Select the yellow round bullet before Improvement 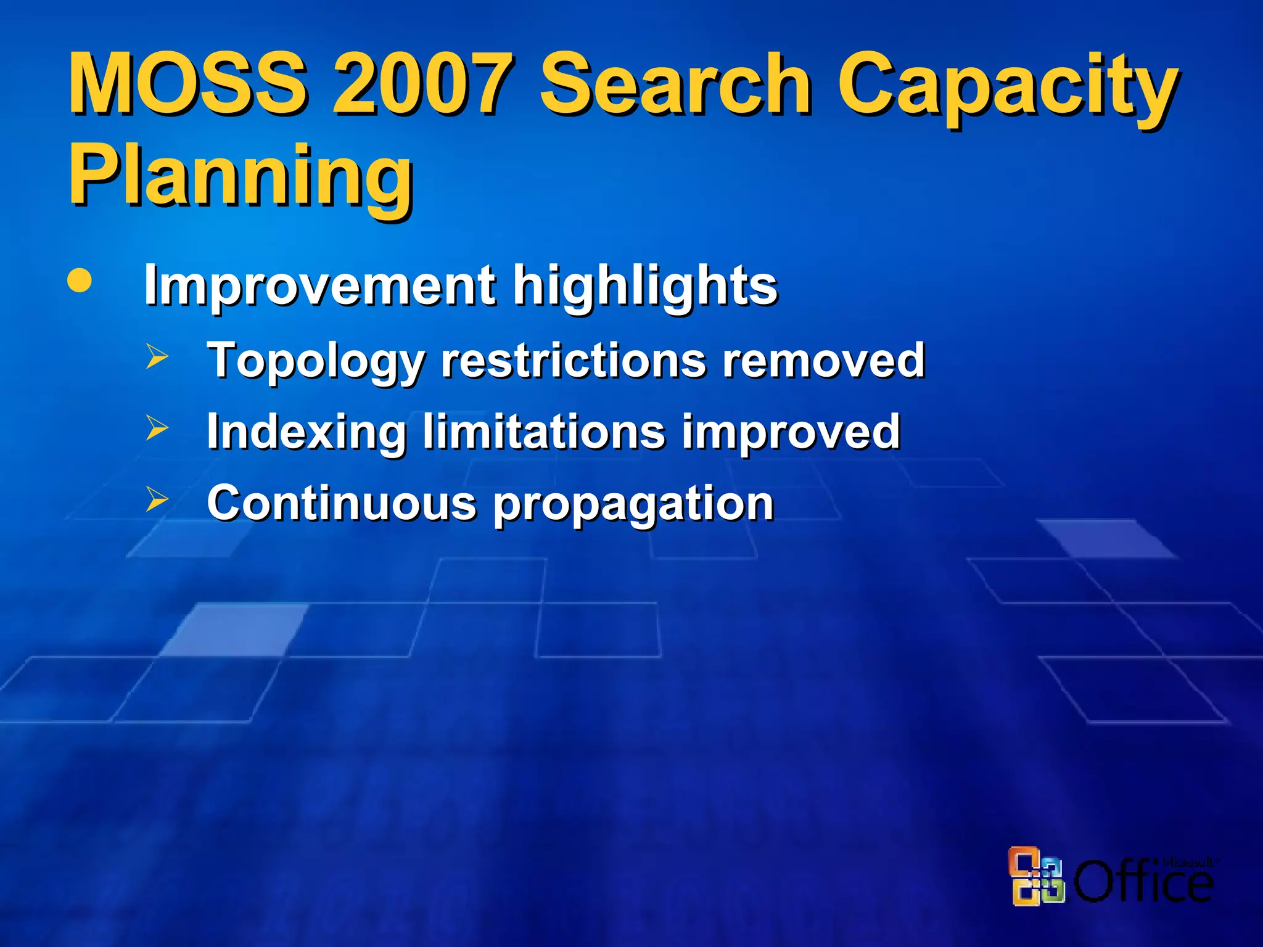[x=80, y=281]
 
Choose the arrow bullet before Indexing [x=157, y=428]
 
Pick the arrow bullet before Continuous [x=157, y=499]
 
